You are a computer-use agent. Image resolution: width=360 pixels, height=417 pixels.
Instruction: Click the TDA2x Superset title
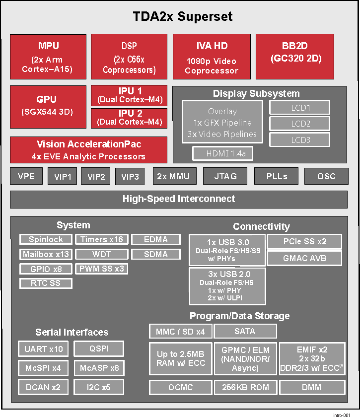tap(183, 16)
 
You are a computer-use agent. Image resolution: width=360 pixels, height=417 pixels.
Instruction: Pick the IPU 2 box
tap(129, 118)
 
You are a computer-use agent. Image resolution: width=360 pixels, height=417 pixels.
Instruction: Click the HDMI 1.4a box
tap(222, 154)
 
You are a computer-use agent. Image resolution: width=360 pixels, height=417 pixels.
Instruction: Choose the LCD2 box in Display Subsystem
tap(300, 124)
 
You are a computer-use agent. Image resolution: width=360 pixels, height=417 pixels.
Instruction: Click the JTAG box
tap(225, 176)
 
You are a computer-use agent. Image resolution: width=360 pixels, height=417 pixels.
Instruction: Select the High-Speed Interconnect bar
tap(179, 199)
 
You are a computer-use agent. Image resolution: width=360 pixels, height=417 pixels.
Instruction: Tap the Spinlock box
tap(46, 239)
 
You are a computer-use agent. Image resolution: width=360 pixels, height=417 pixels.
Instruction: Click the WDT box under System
tap(101, 254)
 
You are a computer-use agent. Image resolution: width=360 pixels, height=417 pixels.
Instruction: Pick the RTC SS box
tap(46, 283)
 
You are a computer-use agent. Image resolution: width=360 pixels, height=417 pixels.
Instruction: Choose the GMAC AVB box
tap(304, 258)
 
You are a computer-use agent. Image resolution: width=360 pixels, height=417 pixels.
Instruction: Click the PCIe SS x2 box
tap(304, 242)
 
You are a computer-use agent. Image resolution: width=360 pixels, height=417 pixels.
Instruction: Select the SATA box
tap(245, 331)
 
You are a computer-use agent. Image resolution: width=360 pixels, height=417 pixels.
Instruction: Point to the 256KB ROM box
tap(245, 387)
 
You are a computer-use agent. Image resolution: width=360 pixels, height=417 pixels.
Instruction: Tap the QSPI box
tap(99, 348)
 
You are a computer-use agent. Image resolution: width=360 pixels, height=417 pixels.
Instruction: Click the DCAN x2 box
tap(44, 387)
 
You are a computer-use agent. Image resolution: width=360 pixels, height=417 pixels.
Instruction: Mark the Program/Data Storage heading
tap(239, 316)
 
